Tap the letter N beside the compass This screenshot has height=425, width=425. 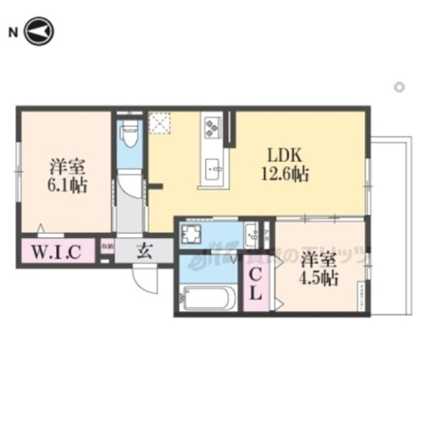[x=12, y=33]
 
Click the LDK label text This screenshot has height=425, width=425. [x=286, y=155]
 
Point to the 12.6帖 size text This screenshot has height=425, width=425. [x=286, y=175]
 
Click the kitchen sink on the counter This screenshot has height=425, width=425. [x=213, y=168]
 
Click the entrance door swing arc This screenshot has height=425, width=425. [x=145, y=278]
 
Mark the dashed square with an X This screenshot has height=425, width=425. [x=159, y=124]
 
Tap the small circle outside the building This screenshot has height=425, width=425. [x=399, y=87]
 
